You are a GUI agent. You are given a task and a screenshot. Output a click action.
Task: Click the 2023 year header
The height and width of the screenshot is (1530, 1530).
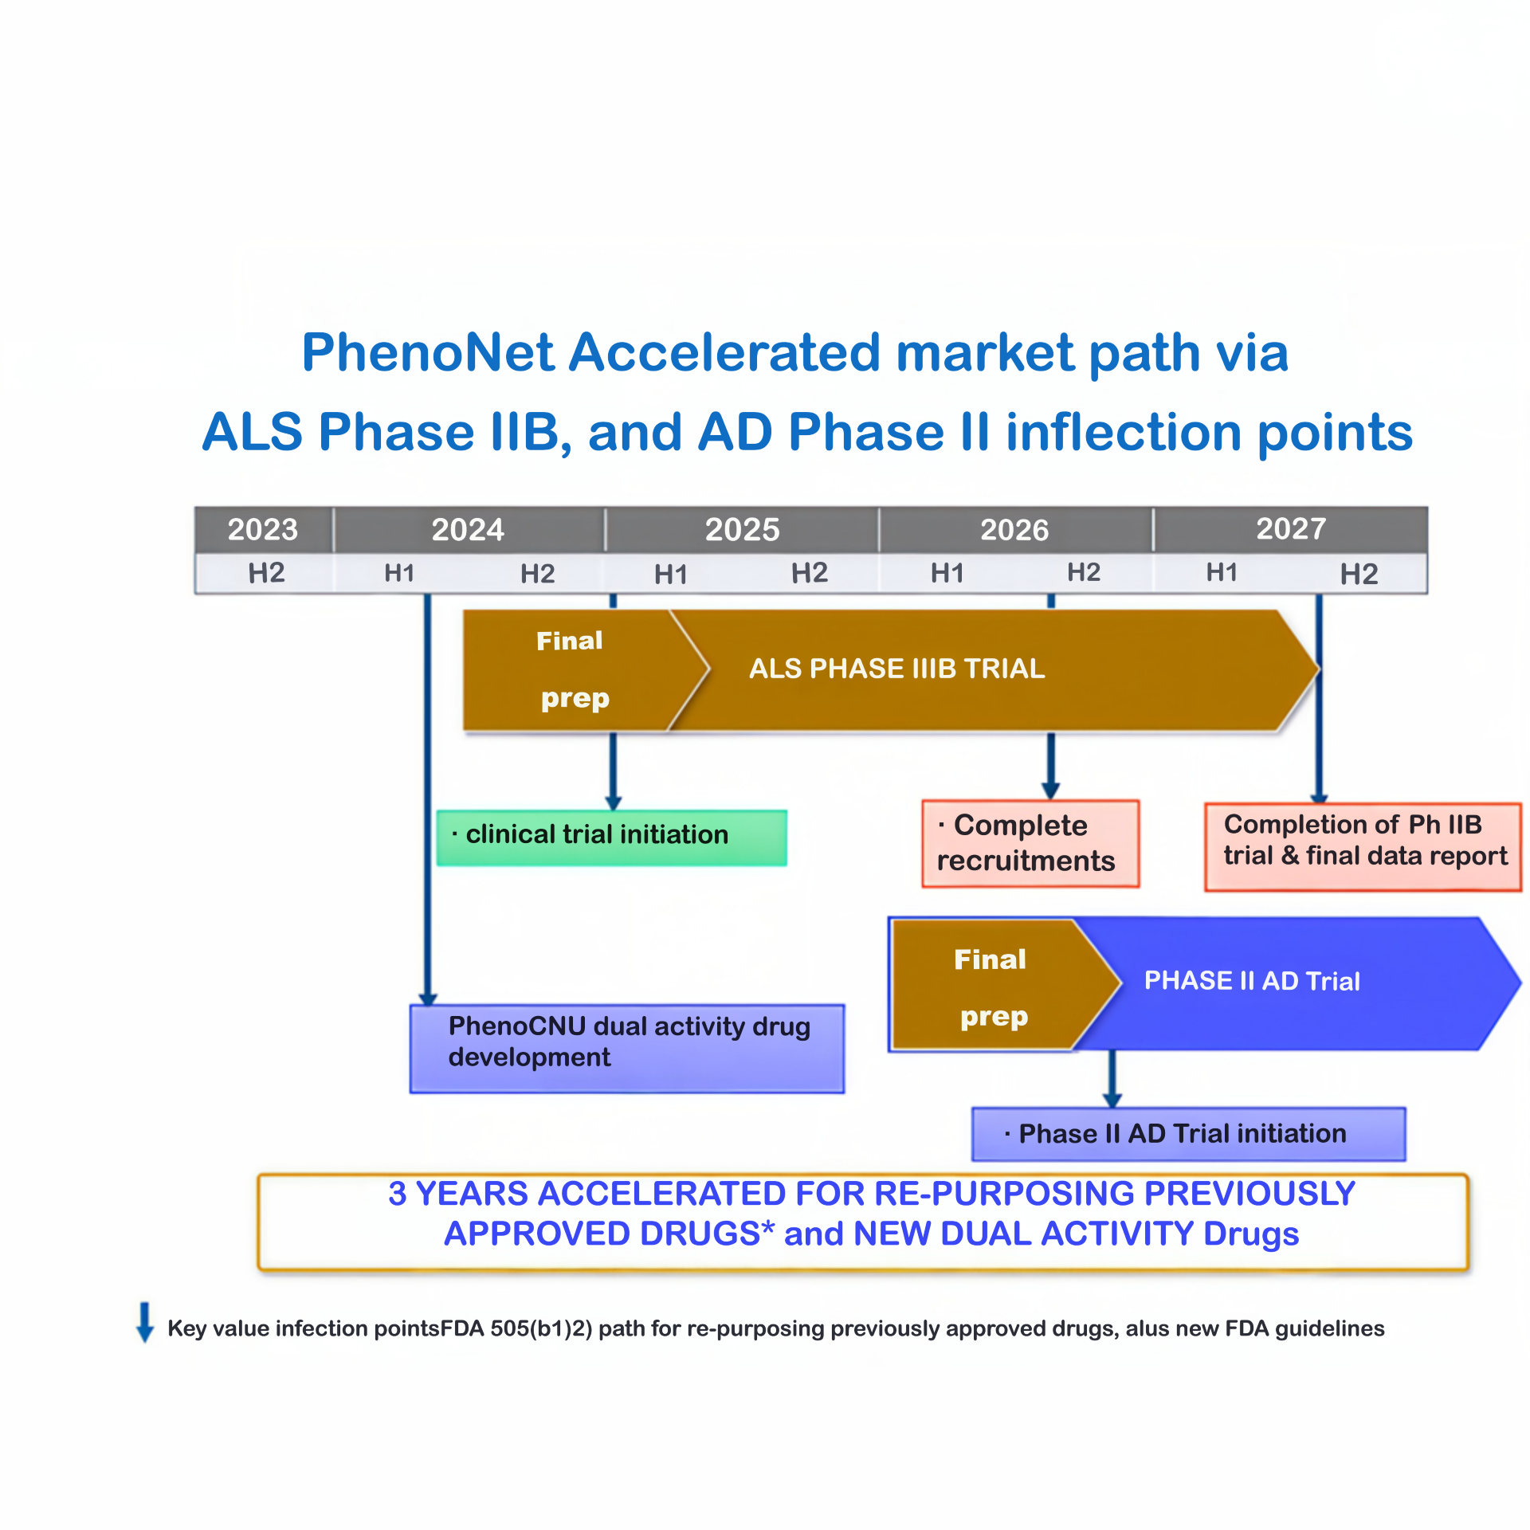263,529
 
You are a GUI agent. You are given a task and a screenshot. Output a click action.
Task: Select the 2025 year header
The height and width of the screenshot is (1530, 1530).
742,529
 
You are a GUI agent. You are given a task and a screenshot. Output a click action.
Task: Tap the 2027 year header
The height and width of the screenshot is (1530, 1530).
1291,528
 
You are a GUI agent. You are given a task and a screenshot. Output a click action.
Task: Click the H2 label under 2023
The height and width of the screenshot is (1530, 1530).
266,573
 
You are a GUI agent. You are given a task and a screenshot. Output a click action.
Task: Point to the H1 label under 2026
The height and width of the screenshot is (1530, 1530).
947,573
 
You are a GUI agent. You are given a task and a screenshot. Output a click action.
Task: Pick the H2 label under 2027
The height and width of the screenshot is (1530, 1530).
1359,574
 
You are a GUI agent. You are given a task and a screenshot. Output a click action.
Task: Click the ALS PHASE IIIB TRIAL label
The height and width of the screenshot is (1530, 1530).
896,669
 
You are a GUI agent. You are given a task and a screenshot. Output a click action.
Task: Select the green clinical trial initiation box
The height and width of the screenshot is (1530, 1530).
612,838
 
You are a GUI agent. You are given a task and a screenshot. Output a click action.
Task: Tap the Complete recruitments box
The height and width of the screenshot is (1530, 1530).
1030,843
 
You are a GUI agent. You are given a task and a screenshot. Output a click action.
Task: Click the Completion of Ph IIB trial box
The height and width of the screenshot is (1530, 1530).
1363,846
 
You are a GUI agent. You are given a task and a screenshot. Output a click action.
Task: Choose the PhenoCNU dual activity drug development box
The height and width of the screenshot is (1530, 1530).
627,1049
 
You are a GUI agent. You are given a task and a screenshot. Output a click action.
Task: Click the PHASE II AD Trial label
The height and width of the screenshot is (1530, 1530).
1252,981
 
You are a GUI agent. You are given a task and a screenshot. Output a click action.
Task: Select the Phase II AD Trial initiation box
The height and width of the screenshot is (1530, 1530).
1189,1133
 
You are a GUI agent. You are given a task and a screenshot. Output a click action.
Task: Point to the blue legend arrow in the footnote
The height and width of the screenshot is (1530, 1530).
145,1322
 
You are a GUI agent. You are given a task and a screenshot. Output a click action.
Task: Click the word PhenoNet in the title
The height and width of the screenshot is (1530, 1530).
428,352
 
